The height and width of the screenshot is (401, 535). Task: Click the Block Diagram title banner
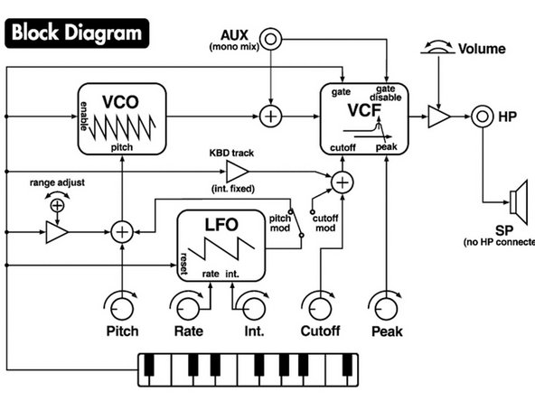pos(77,33)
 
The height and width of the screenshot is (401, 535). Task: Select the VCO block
pos(121,117)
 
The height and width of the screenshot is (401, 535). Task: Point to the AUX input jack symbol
pos(271,39)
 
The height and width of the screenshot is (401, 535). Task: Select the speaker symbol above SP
pos(518,199)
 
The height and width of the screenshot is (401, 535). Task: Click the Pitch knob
pos(122,304)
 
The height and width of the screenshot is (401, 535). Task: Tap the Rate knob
pos(187,304)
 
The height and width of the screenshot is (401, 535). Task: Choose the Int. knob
pos(249,304)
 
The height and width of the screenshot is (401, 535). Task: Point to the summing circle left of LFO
pos(122,232)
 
